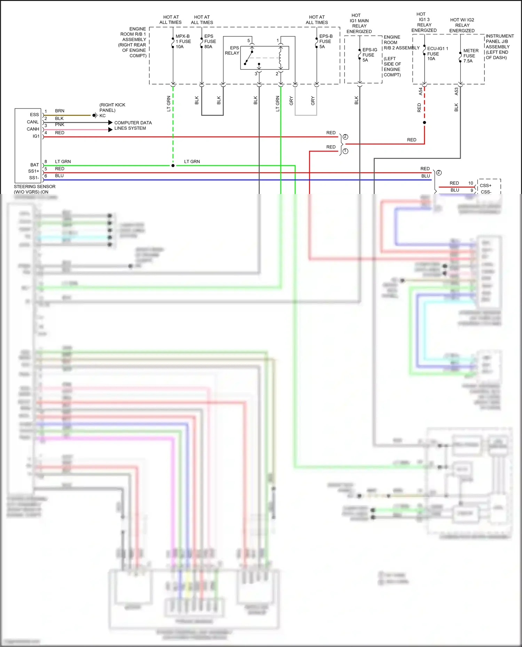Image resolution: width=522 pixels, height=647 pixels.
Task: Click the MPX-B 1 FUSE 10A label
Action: click(x=183, y=41)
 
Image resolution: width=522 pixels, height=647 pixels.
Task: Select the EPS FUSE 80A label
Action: click(x=210, y=41)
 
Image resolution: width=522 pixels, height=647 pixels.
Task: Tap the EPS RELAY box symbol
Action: click(x=264, y=58)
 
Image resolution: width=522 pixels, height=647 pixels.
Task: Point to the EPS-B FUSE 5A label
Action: click(x=326, y=41)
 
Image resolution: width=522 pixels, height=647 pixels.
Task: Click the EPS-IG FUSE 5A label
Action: click(x=370, y=55)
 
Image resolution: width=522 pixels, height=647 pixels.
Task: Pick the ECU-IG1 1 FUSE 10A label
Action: click(x=437, y=54)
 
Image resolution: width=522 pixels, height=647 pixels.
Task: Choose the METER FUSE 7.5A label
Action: click(x=470, y=56)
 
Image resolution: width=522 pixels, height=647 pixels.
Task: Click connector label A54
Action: click(x=420, y=91)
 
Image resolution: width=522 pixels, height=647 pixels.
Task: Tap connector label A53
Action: click(x=457, y=91)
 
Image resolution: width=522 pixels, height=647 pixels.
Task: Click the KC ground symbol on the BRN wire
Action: click(x=95, y=115)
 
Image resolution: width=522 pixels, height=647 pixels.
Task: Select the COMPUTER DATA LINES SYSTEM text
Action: click(x=133, y=126)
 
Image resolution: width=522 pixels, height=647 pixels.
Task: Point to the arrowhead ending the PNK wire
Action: click(x=110, y=130)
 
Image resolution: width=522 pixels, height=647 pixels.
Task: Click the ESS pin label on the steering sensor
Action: click(x=34, y=114)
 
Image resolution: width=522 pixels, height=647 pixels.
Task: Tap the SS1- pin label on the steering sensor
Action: click(x=34, y=178)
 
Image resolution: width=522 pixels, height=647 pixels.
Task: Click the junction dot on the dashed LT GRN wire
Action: click(x=173, y=165)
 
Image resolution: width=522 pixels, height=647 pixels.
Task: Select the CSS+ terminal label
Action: click(x=485, y=185)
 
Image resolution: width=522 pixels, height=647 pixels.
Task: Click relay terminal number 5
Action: click(x=248, y=41)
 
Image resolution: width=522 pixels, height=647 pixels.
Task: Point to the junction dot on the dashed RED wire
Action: click(x=424, y=123)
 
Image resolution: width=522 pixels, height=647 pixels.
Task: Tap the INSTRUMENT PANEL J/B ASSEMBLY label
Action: click(x=499, y=47)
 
